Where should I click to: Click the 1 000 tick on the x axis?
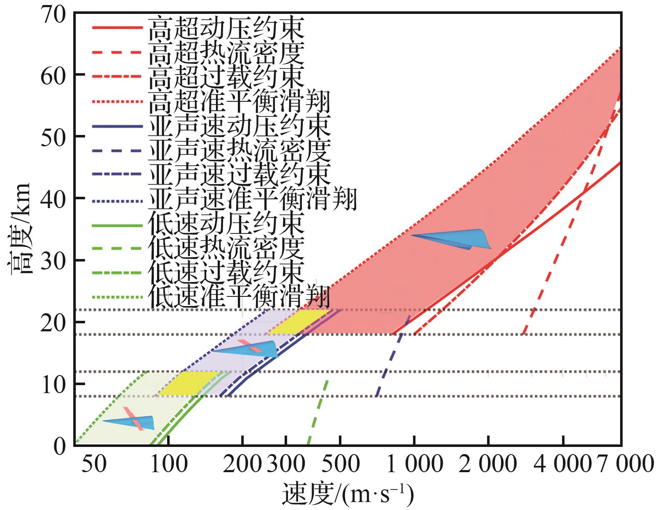click(415, 465)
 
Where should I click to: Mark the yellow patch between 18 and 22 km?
click(299, 322)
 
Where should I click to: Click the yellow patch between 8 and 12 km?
click(189, 383)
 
